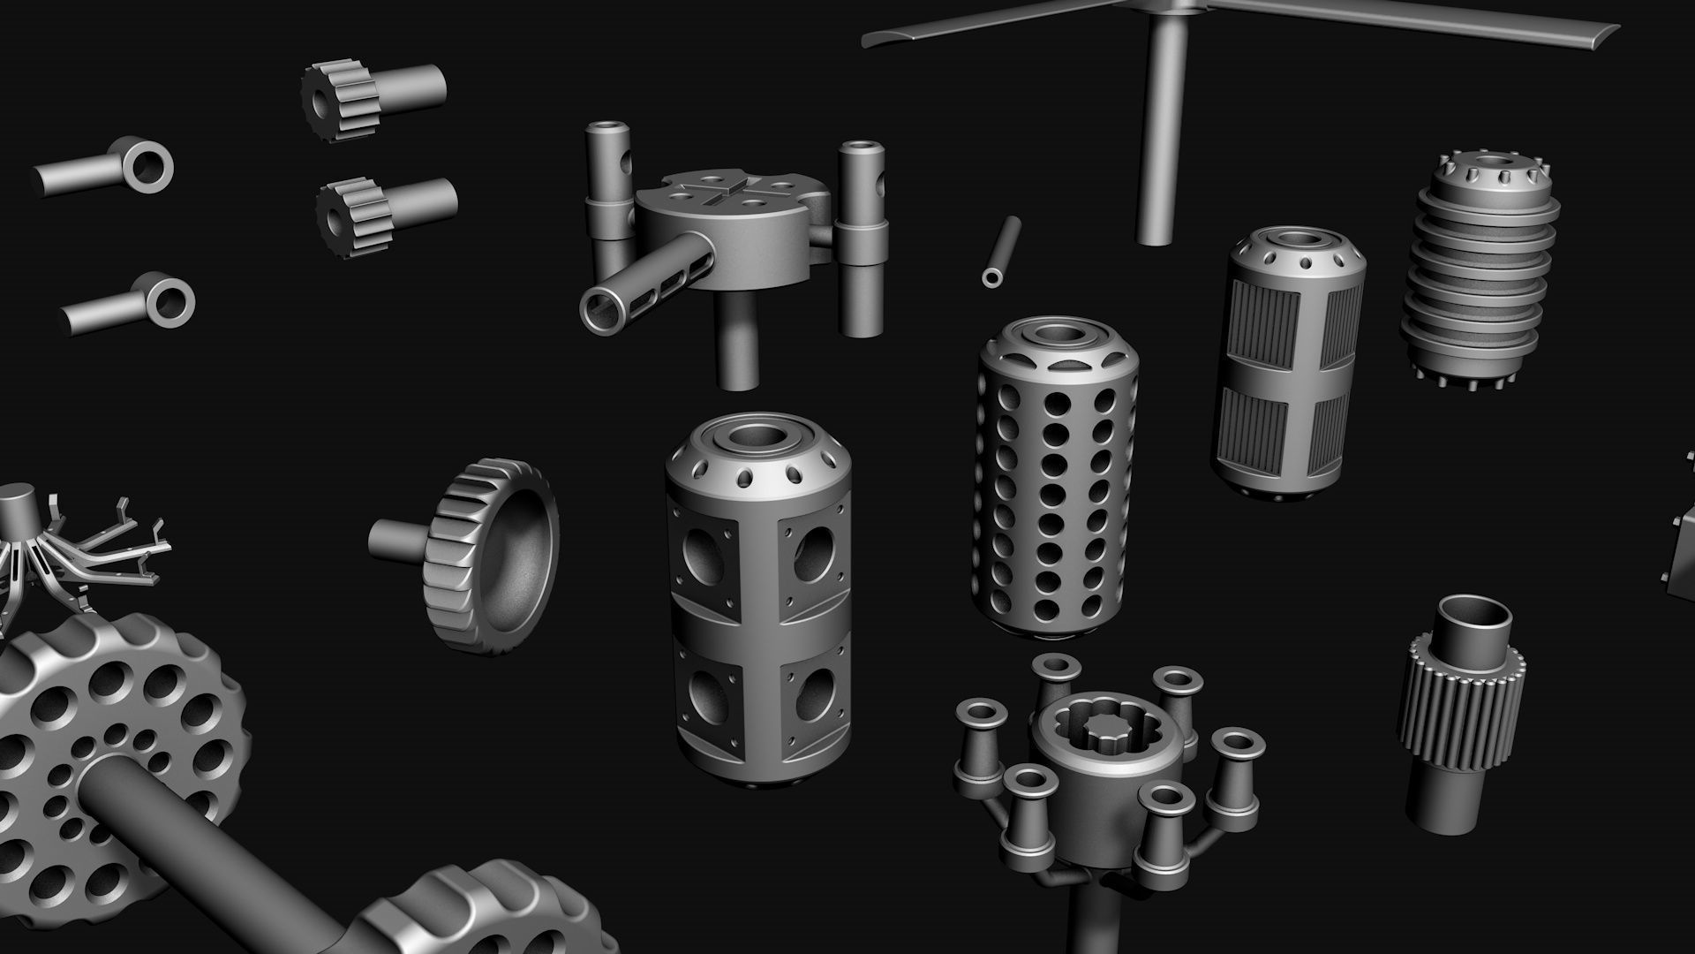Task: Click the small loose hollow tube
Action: point(1001,251)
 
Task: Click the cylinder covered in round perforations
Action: point(1052,495)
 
